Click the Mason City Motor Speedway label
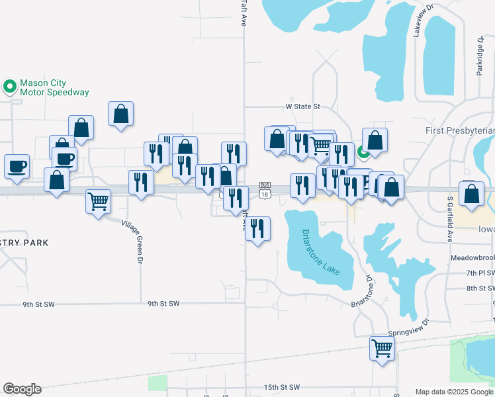pos(54,88)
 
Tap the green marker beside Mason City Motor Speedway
pos(9,86)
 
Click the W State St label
pos(302,106)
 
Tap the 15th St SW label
pos(282,387)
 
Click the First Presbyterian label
pos(460,131)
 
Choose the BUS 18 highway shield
pos(265,189)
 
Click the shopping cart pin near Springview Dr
pos(382,347)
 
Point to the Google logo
pos(22,389)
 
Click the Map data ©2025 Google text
pos(455,392)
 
